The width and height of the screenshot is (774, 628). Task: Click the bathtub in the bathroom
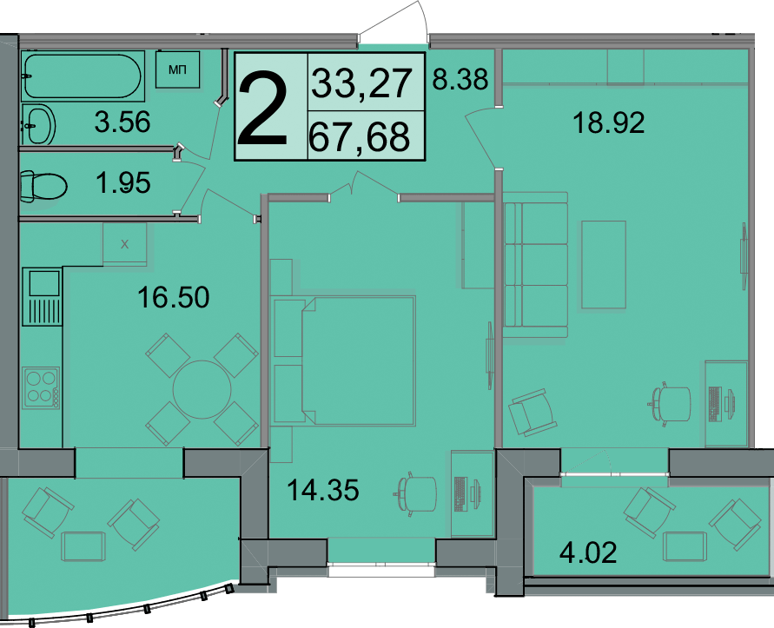coord(83,76)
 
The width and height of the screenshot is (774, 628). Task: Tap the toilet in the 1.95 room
coord(43,187)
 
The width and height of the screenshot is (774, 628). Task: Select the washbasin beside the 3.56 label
coord(37,124)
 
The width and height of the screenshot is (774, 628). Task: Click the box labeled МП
coord(178,69)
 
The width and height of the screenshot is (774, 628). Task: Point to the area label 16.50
coord(173,297)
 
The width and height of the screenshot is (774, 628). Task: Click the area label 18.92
coord(609,122)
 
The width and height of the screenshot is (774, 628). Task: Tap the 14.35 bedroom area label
coord(323,490)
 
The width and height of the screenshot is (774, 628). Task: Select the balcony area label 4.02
coord(588,552)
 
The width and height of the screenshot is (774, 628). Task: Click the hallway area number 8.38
coord(460,79)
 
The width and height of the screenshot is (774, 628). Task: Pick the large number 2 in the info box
coord(262,108)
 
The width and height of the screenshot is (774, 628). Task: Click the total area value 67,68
coord(359,136)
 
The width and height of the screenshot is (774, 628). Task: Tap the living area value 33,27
coord(362,83)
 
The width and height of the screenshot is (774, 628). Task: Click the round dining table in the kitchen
coord(202,389)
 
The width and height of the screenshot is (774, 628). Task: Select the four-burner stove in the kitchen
coord(41,387)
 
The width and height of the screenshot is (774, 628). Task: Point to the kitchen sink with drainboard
coord(43,296)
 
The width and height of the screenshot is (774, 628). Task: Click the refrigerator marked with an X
coord(125,244)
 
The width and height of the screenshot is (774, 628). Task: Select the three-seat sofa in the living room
coord(536,265)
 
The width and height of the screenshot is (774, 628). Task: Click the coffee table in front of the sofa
coord(604,265)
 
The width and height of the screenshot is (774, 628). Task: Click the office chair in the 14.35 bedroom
coord(415,493)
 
